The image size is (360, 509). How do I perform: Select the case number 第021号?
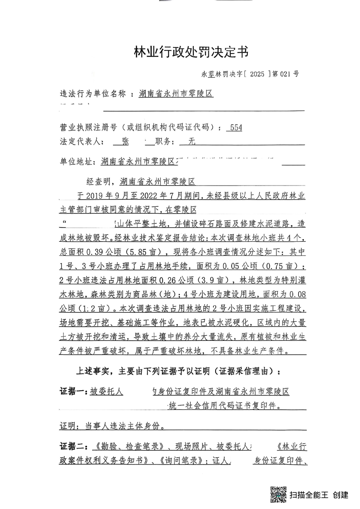286,73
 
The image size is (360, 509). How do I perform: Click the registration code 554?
236,128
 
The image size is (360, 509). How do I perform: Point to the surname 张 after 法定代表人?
125,142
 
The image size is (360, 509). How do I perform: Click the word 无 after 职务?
192,142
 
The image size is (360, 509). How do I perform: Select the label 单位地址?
75,162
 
